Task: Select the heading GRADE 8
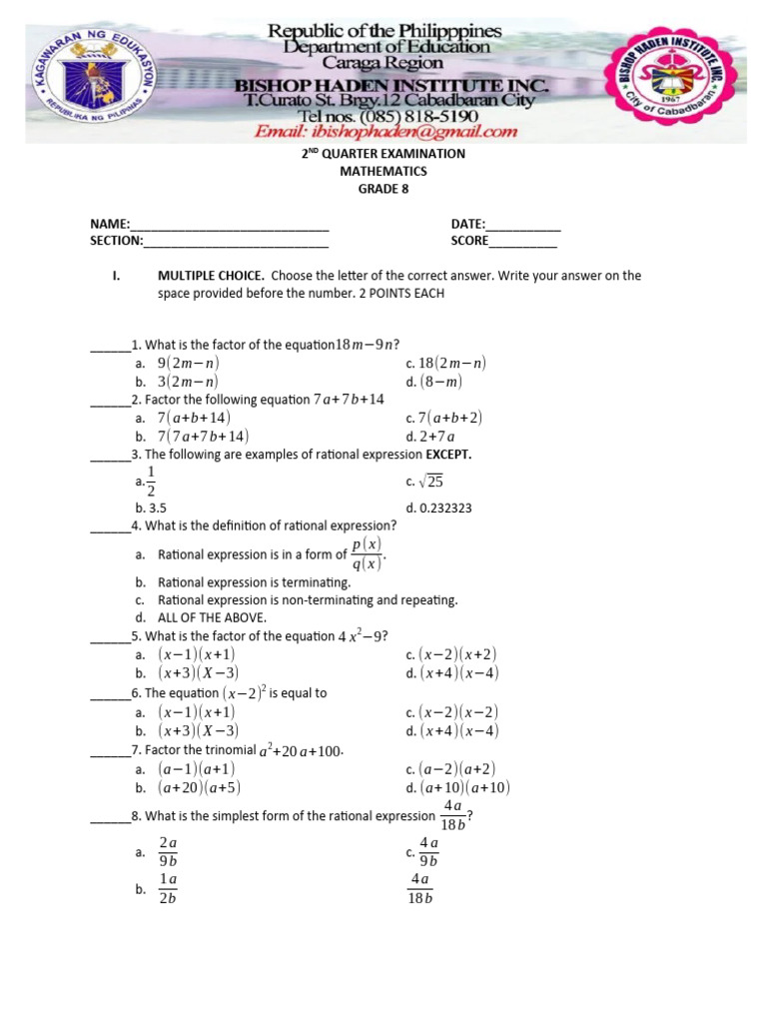383,188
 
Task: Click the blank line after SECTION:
237,245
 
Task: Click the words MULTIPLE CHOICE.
211,276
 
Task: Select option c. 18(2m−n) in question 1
445,364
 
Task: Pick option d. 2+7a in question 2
430,437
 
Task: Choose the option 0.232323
438,508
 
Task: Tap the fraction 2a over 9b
168,852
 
